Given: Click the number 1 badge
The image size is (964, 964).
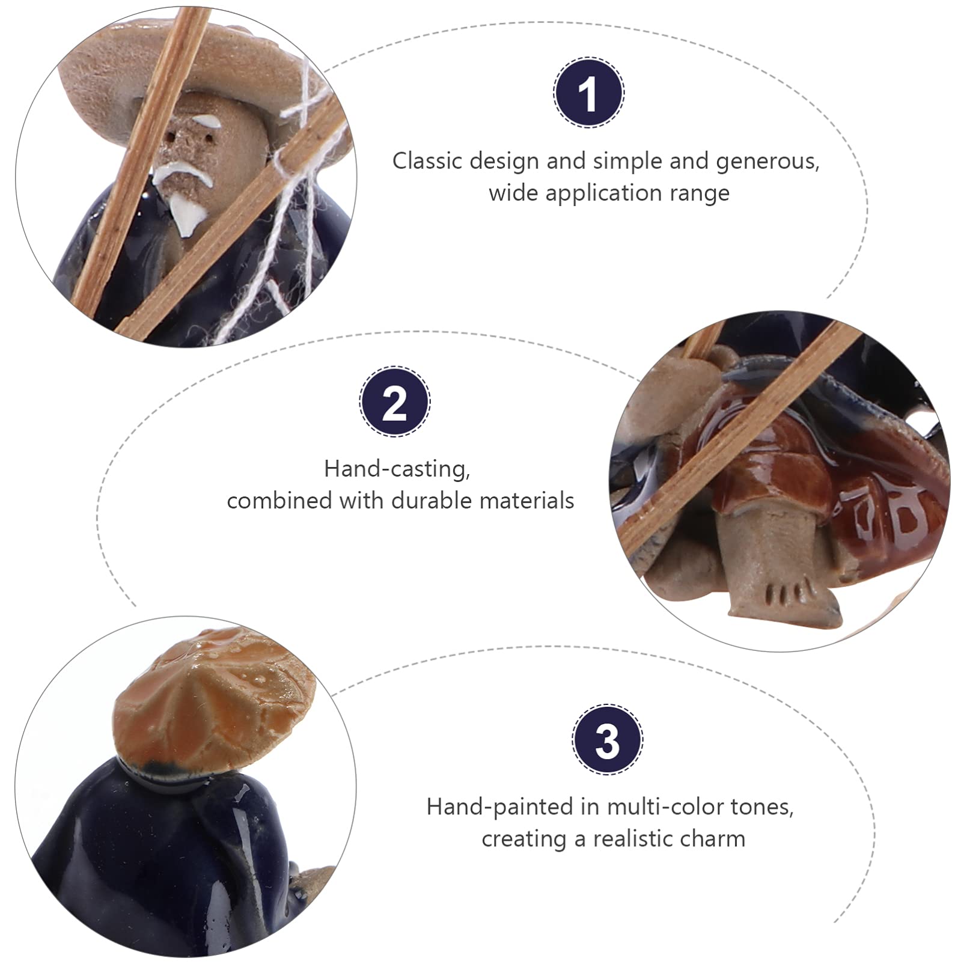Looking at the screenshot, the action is (x=589, y=93).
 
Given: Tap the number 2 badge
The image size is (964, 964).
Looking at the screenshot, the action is (x=395, y=401).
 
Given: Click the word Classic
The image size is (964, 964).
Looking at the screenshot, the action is (x=428, y=161).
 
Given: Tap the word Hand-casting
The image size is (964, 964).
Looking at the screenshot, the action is (x=397, y=469).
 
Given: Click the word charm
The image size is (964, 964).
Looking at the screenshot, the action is (x=719, y=838).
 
